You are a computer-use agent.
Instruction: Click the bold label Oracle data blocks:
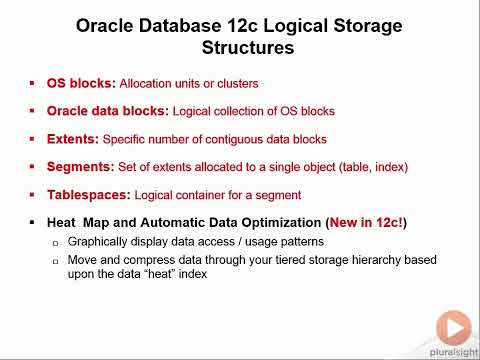click(108, 111)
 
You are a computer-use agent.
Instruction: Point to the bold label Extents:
click(74, 139)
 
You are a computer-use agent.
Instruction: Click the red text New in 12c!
click(362, 222)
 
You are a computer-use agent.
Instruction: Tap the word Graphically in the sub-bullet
click(100, 243)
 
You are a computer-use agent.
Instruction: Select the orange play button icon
click(453, 327)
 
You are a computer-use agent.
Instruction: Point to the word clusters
click(235, 84)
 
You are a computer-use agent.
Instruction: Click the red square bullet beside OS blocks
click(33, 84)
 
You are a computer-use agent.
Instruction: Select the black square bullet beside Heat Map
click(33, 222)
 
